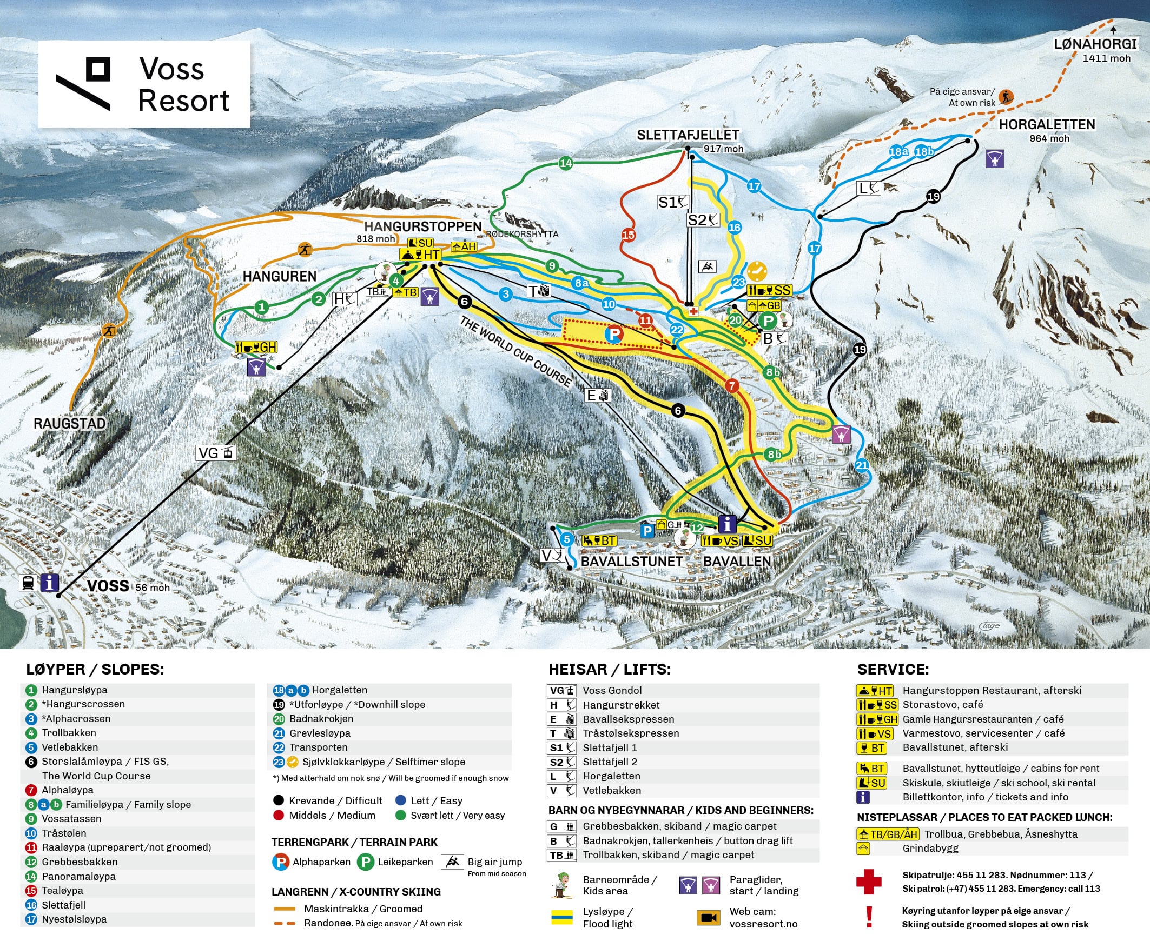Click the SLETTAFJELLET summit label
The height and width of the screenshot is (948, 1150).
[688, 135]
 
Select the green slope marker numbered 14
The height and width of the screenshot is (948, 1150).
[566, 163]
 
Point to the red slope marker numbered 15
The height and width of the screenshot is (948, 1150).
[628, 235]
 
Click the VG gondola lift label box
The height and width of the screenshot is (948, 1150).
[216, 453]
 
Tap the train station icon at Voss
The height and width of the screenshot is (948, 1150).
[28, 583]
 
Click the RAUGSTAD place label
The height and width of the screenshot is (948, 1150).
[69, 423]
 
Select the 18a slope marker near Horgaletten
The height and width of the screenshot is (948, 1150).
[898, 152]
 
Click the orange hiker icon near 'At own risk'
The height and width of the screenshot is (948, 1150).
[1006, 98]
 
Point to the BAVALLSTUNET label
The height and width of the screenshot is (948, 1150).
[631, 562]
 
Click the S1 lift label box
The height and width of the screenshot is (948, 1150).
[673, 202]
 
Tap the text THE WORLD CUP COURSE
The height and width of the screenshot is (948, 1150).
[515, 351]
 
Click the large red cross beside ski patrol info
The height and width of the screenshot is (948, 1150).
[869, 882]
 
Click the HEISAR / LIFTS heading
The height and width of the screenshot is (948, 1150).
[609, 670]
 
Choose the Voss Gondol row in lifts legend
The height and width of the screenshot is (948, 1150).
[612, 691]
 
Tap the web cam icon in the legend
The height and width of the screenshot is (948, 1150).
[709, 917]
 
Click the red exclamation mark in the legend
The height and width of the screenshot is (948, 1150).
[869, 917]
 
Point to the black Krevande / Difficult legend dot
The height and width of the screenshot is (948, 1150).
[278, 801]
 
